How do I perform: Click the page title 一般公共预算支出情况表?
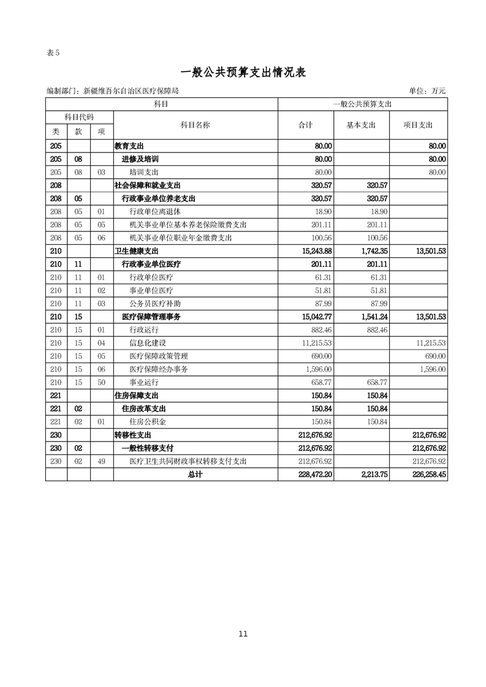243,72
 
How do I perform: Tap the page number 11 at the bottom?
243,634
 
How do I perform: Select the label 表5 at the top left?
53,53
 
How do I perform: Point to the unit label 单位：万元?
428,91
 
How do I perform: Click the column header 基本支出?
361,124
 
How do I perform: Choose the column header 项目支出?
418,124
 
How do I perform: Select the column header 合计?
305,124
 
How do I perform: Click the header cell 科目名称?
196,124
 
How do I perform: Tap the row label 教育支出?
130,146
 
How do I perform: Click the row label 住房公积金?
148,422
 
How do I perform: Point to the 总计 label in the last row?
196,474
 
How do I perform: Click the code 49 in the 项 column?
102,461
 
